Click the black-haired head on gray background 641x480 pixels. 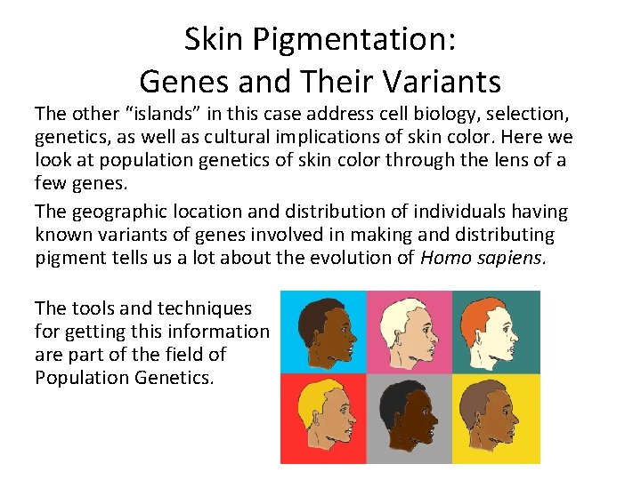(x=410, y=418)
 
